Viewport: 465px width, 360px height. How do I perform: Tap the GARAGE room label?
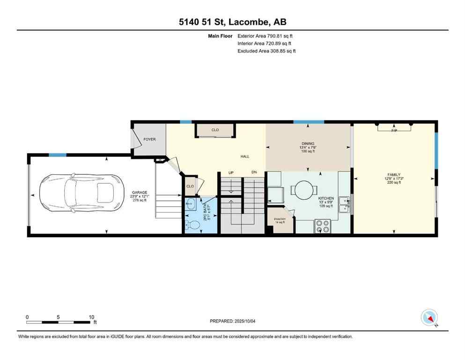pyautogui.click(x=139, y=193)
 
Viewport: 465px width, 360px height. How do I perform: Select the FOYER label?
pyautogui.click(x=149, y=139)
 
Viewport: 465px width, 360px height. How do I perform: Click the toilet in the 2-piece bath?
pyautogui.click(x=192, y=225)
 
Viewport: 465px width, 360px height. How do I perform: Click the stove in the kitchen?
pyautogui.click(x=323, y=226)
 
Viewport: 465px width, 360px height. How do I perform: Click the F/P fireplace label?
pyautogui.click(x=394, y=130)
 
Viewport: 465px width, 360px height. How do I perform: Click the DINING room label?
pyautogui.click(x=308, y=144)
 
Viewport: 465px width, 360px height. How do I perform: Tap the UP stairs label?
pyautogui.click(x=230, y=172)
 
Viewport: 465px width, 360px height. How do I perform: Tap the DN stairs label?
pyautogui.click(x=254, y=172)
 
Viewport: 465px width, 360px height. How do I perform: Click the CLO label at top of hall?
pyautogui.click(x=215, y=130)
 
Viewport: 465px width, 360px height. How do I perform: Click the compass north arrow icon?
pyautogui.click(x=429, y=318)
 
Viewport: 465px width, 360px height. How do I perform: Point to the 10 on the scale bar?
pyautogui.click(x=91, y=317)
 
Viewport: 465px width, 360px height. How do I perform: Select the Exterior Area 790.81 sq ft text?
pyautogui.click(x=265, y=36)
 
